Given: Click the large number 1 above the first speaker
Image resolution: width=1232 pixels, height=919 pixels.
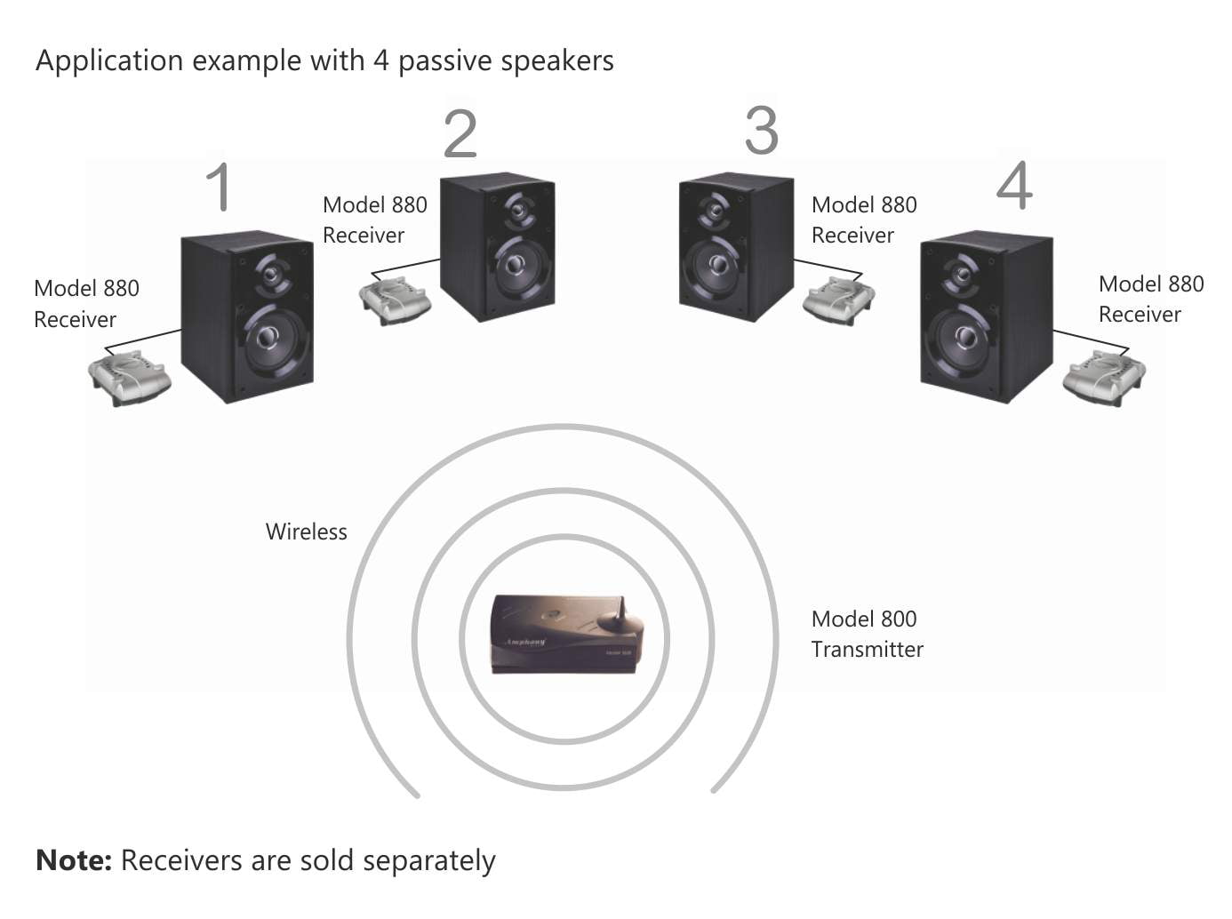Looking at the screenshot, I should coord(219,187).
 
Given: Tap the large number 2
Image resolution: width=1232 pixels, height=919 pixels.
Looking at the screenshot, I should coord(460,134).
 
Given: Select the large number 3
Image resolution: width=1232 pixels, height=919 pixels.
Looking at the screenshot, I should coord(762,131).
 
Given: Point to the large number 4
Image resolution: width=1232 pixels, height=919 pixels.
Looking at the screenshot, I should coord(1014,186).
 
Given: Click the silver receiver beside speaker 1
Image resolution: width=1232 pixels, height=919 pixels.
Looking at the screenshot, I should coord(130,377).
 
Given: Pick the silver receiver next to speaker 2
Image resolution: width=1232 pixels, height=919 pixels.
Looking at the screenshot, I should coord(395,300).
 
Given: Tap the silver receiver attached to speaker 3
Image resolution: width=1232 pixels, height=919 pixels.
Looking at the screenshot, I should coord(838,300).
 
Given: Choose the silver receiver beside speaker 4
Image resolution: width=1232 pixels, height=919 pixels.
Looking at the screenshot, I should coord(1103,377).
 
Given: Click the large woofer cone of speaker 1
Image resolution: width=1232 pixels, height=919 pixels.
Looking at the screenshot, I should coord(268,338).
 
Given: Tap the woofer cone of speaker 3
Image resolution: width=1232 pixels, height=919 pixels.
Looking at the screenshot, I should coord(716,265).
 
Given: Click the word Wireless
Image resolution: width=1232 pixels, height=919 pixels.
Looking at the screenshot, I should coord(307,531).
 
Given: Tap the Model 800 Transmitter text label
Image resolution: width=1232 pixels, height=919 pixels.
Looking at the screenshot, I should coord(867,634).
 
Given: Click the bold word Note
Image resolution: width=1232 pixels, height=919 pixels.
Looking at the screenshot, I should coord(73,860).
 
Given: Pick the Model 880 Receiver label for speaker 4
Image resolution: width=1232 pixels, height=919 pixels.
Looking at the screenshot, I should coord(1150,299).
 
